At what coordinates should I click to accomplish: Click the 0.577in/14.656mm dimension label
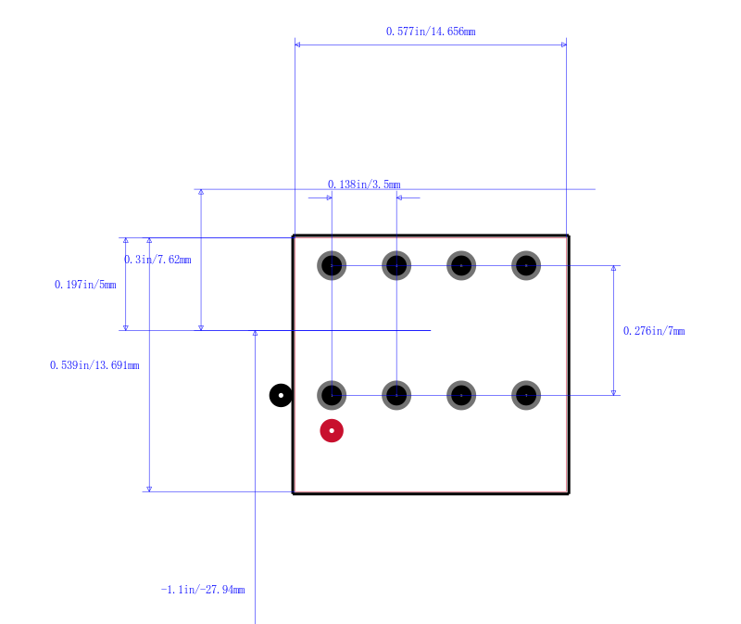[x=431, y=32]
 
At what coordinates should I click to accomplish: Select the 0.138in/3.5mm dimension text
[x=364, y=185]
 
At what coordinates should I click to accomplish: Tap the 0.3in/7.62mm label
[x=157, y=260]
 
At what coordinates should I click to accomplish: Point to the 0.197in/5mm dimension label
[x=85, y=285]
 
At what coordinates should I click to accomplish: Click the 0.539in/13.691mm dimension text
[x=94, y=365]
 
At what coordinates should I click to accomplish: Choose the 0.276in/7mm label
[x=654, y=331]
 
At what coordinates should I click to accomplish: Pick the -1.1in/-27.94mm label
[x=203, y=590]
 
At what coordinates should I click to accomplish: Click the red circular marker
[x=332, y=431]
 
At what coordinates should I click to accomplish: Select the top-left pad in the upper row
[x=332, y=266]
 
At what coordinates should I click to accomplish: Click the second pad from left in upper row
[x=396, y=266]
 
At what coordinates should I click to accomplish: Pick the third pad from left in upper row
[x=461, y=266]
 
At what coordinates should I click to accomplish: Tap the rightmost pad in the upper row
[x=526, y=266]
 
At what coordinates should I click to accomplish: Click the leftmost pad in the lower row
[x=332, y=396]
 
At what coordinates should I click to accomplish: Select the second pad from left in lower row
[x=396, y=396]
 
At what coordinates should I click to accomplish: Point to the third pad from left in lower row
[x=461, y=396]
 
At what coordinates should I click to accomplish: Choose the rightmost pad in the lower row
[x=526, y=396]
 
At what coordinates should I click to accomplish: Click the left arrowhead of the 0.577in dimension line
[x=297, y=45]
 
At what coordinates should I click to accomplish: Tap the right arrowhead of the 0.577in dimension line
[x=564, y=45]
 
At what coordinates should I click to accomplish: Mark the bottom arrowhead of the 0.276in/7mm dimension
[x=613, y=392]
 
